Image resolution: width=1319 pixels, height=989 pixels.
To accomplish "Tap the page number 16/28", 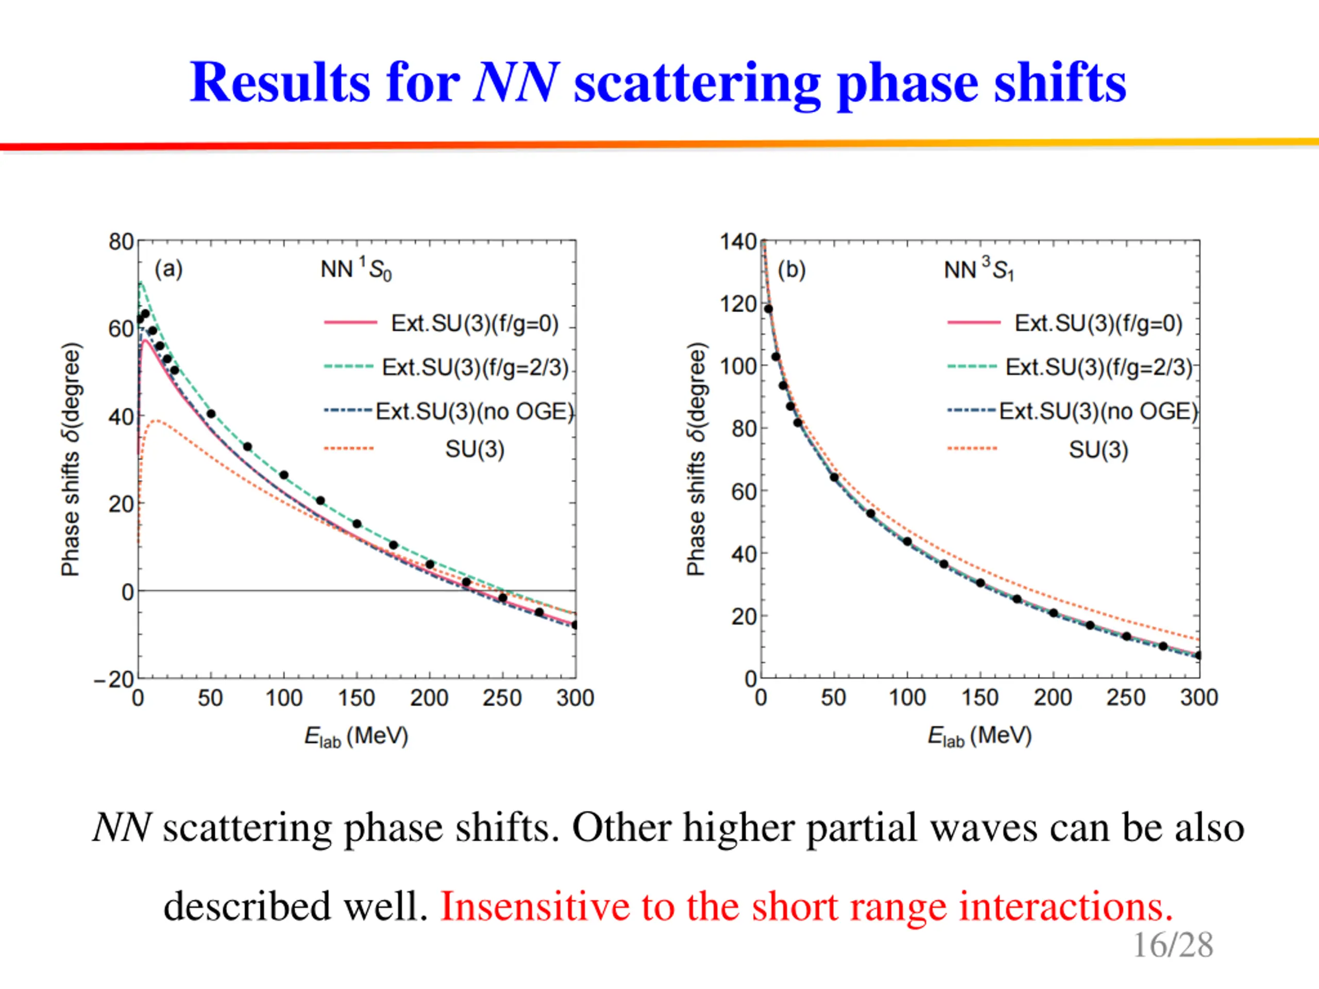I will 1172,945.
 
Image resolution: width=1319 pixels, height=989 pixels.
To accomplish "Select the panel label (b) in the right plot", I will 791,269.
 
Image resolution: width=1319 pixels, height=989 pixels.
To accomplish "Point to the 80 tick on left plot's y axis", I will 121,242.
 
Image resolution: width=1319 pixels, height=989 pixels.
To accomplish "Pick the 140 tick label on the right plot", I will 738,242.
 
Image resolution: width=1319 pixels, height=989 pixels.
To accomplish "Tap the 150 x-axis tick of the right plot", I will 979,697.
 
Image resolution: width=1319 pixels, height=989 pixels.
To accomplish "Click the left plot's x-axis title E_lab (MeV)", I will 356,737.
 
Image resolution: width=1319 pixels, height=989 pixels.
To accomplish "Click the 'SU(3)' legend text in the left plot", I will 475,449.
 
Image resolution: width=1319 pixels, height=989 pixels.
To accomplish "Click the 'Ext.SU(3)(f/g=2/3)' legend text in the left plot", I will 475,367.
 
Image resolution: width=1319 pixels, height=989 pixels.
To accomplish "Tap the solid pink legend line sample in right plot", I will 974,322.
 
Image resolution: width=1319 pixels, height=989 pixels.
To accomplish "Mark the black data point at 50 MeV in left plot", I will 211,414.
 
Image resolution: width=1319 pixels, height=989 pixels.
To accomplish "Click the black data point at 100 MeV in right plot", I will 907,541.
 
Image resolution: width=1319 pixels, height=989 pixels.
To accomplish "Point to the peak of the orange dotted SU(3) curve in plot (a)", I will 156,421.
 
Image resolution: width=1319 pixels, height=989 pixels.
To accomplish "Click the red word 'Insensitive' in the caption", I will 533,906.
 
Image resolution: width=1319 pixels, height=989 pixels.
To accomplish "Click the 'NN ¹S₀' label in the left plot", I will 356,269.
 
